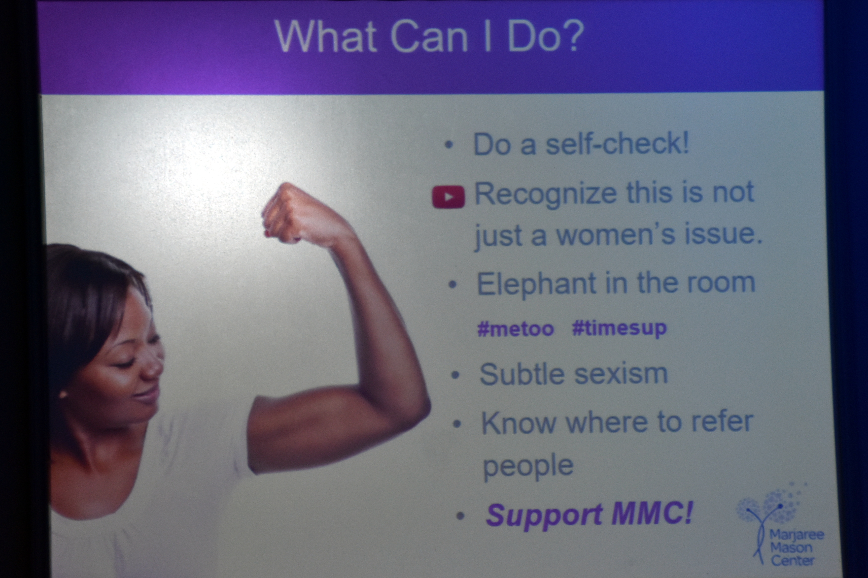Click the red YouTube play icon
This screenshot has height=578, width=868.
point(448,197)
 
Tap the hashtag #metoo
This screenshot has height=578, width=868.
point(516,329)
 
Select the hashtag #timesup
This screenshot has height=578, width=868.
point(620,329)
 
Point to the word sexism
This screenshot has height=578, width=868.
point(621,374)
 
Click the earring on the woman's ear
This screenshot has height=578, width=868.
point(62,395)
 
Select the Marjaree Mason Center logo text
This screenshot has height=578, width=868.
point(797,548)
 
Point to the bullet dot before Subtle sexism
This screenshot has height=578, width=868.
point(456,375)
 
